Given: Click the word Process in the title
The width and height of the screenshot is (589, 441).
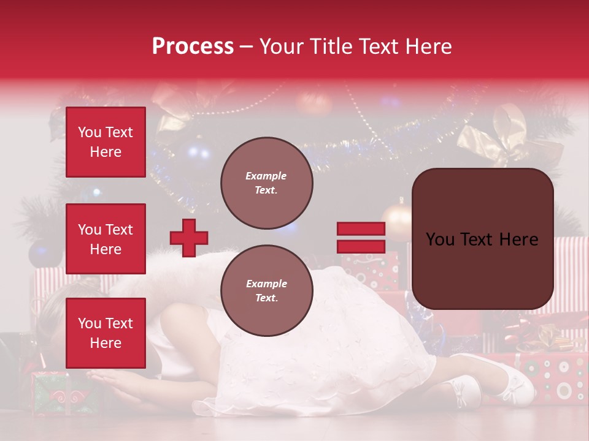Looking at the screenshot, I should tap(193, 47).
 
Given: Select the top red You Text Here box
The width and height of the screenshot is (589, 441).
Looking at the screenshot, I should tap(106, 142).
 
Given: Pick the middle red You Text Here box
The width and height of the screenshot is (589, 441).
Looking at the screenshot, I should tap(106, 239).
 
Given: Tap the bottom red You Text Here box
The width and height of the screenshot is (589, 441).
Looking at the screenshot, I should tap(106, 333).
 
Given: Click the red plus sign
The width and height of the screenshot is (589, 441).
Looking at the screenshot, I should tap(189, 238).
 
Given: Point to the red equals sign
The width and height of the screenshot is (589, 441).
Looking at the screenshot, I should tap(361, 238).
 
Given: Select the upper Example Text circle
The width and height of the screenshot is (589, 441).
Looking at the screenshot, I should tap(266, 183).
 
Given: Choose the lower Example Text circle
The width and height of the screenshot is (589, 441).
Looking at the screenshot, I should tap(266, 291).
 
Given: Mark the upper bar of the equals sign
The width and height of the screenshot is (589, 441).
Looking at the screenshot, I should tap(361, 229).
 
